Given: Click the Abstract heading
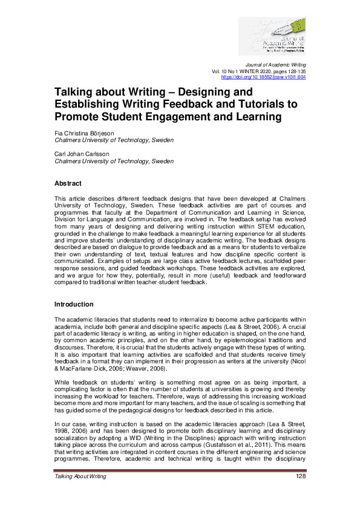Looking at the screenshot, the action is click(x=68, y=183).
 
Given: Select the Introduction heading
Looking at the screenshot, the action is click(x=74, y=304).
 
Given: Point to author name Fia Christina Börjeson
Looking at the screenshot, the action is click(x=89, y=133).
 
